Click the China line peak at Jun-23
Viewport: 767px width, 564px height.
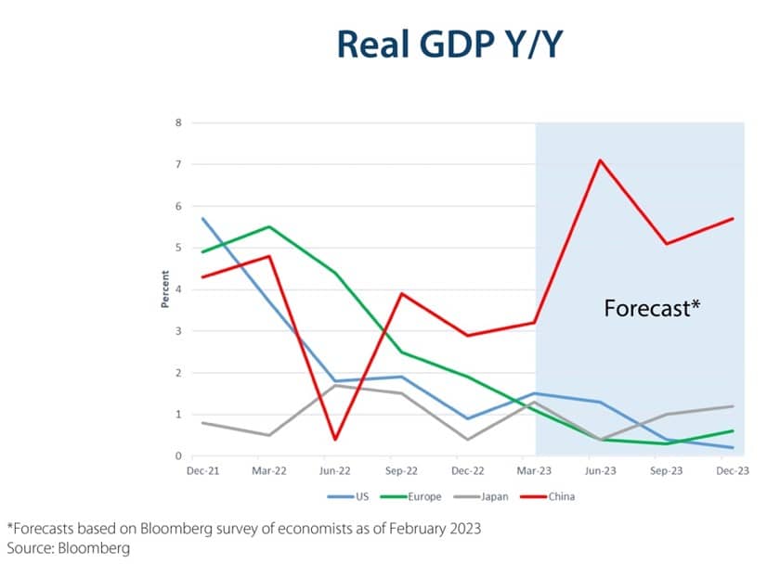pyautogui.click(x=601, y=160)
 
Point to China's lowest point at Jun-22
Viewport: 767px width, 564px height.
pyautogui.click(x=334, y=440)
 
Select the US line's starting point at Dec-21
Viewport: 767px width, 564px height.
pyautogui.click(x=202, y=219)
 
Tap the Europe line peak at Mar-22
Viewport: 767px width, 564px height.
pyautogui.click(x=268, y=226)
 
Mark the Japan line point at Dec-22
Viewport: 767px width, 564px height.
pyautogui.click(x=468, y=440)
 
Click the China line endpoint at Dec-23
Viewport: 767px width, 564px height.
pyautogui.click(x=733, y=219)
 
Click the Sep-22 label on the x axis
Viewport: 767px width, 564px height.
pyautogui.click(x=401, y=471)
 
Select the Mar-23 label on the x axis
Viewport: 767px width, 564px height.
pyautogui.click(x=534, y=471)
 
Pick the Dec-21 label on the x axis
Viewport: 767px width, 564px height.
pyautogui.click(x=202, y=471)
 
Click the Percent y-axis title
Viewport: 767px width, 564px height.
pyautogui.click(x=164, y=289)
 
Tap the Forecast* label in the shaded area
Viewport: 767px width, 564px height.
pyautogui.click(x=651, y=308)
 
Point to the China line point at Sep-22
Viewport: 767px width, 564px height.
pyautogui.click(x=401, y=293)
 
